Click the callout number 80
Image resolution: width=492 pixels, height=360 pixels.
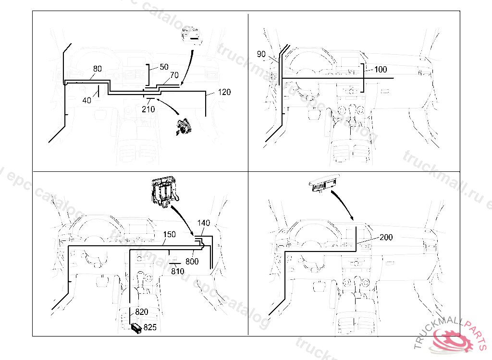tap(97, 69)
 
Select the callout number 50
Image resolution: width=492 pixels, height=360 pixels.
tap(164, 67)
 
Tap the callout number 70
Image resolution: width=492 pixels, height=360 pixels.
tap(174, 75)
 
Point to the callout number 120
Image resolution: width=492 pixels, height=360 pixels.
tap(224, 92)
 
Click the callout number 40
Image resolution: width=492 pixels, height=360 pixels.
tap(86, 100)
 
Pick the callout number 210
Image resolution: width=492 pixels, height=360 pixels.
tap(148, 109)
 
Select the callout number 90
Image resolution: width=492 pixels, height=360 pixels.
tap(261, 54)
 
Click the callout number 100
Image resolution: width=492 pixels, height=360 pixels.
tap(380, 70)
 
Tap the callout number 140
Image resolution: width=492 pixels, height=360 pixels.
tap(204, 223)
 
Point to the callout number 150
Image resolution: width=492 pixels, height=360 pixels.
tap(169, 235)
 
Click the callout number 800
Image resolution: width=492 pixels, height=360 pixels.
tap(192, 262)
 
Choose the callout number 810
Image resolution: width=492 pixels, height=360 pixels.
tap(178, 271)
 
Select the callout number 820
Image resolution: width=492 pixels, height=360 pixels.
tap(141, 312)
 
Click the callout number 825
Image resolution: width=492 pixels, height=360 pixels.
tap(150, 328)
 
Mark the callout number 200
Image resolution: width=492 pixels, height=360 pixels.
tap(386, 237)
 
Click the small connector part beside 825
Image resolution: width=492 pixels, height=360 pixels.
tap(136, 328)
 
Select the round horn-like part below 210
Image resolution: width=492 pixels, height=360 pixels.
tap(184, 127)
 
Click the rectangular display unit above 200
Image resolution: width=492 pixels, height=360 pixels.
tap(323, 186)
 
